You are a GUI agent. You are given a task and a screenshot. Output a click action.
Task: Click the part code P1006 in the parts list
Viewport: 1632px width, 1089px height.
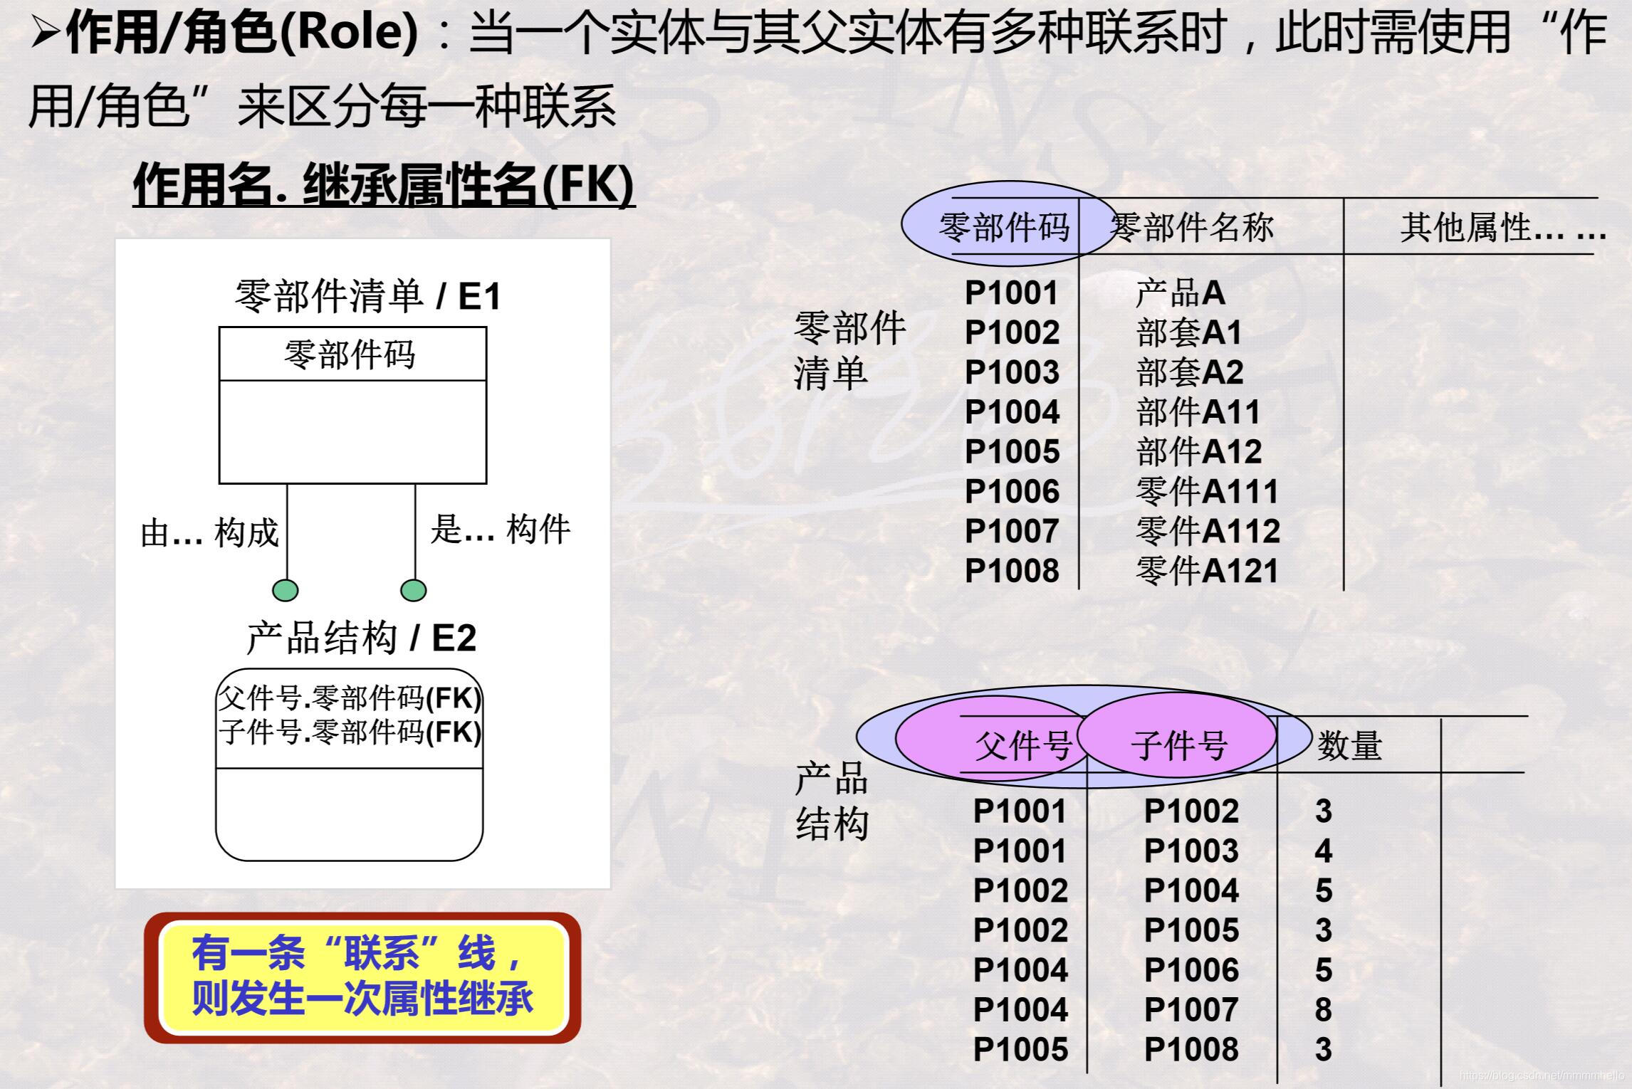pyautogui.click(x=1012, y=492)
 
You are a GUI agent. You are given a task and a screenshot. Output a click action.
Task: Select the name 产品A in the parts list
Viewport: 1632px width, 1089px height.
pyautogui.click(x=1180, y=293)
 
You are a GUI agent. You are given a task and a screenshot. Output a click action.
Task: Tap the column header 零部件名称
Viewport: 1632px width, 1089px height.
pyautogui.click(x=1192, y=228)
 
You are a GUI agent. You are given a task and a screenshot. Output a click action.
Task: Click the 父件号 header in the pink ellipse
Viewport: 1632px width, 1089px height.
pyautogui.click(x=1023, y=746)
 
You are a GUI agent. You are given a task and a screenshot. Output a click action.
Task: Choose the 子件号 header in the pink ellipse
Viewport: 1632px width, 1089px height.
pyautogui.click(x=1179, y=746)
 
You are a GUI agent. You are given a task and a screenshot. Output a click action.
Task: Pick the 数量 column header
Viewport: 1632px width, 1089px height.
pyautogui.click(x=1349, y=746)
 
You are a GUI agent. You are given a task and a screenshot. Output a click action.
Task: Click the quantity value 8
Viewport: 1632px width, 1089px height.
pyautogui.click(x=1323, y=1010)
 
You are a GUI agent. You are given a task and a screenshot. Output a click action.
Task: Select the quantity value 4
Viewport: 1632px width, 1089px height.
pyautogui.click(x=1323, y=851)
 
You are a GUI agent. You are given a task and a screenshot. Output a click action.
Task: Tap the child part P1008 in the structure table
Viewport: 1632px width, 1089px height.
pyautogui.click(x=1191, y=1050)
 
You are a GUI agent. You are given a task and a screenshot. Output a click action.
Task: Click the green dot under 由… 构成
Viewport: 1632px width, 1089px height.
pyautogui.click(x=286, y=591)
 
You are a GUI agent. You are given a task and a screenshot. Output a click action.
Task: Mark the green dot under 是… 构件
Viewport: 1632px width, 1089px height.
pyautogui.click(x=414, y=591)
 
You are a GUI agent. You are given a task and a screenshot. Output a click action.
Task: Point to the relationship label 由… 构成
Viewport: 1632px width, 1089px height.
pyautogui.click(x=209, y=533)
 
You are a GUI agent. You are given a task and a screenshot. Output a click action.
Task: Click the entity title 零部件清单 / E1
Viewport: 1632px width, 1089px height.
pyautogui.click(x=368, y=296)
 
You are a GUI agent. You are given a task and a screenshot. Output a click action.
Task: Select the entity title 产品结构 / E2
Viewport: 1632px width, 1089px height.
pyautogui.click(x=361, y=638)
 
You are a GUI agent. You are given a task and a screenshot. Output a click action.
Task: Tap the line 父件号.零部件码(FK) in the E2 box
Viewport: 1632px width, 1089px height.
pyautogui.click(x=350, y=699)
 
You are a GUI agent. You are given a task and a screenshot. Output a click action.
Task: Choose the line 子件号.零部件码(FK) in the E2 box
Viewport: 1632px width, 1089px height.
pyautogui.click(x=350, y=732)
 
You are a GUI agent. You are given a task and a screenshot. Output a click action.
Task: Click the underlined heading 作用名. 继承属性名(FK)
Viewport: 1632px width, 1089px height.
pyautogui.click(x=383, y=185)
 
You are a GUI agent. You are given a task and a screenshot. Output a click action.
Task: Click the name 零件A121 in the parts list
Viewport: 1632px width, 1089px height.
pyautogui.click(x=1207, y=572)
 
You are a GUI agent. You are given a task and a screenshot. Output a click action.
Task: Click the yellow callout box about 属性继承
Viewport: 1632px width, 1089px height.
pyautogui.click(x=362, y=977)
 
